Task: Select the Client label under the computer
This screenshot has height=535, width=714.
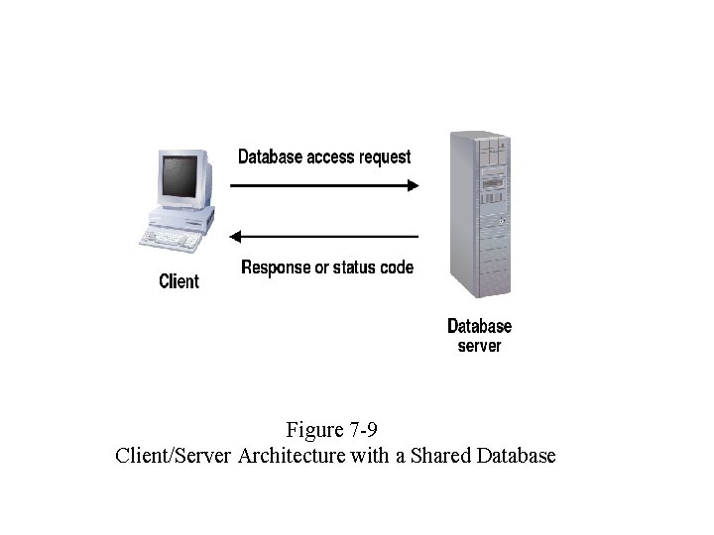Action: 178,281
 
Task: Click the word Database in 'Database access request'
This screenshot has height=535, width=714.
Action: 270,157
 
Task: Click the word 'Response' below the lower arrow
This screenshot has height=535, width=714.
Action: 277,267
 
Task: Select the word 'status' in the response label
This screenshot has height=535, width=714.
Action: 355,267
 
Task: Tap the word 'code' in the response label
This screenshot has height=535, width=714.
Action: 397,267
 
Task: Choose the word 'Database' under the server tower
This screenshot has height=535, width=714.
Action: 479,326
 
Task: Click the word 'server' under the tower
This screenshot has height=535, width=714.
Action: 479,346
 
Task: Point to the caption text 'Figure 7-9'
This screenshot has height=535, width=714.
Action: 332,430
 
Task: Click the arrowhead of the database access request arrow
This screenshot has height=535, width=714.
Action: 413,185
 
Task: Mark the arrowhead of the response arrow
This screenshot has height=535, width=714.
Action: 236,236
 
